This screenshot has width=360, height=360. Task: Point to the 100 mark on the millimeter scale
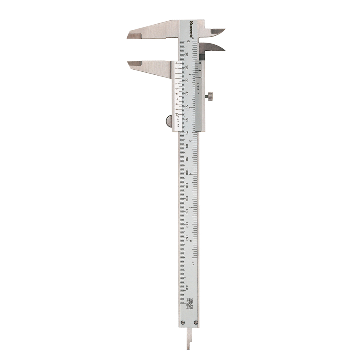(187, 173)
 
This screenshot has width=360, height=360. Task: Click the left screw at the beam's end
(183, 322)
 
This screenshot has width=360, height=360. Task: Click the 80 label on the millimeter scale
(187, 146)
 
